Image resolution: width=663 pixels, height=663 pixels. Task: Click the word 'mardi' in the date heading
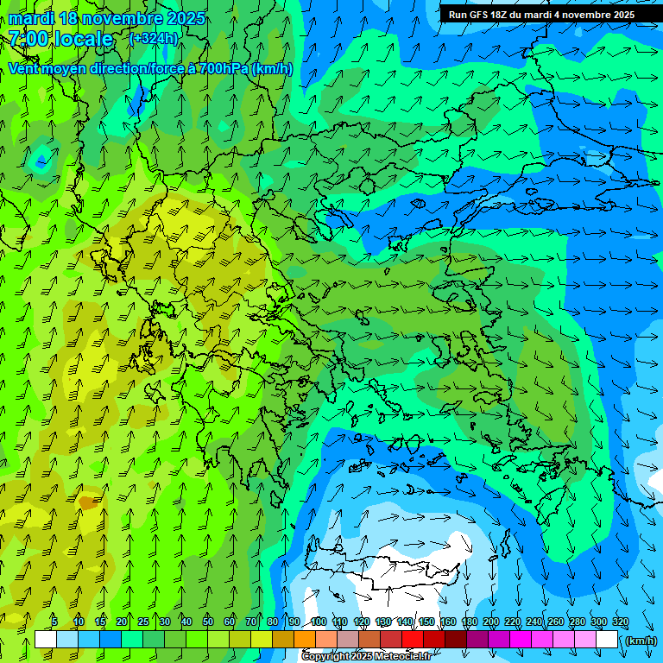(31, 18)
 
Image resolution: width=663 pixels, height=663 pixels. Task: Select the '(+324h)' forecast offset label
(154, 38)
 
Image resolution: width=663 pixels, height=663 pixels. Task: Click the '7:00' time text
(29, 39)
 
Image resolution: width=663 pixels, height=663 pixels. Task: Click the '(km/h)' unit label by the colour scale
(641, 640)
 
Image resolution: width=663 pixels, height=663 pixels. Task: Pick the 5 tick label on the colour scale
(54, 622)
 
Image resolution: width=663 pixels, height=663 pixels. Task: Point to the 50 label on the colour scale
(208, 622)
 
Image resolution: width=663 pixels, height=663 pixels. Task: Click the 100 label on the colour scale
(319, 622)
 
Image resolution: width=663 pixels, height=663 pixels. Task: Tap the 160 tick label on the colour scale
(448, 622)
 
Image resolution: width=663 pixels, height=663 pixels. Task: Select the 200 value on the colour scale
(491, 622)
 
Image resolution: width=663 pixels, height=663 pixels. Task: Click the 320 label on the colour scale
(621, 622)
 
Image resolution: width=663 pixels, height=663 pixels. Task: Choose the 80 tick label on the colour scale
(273, 622)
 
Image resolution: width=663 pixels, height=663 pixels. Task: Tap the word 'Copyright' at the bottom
(325, 657)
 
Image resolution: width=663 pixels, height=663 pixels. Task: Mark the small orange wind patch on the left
(88, 501)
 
